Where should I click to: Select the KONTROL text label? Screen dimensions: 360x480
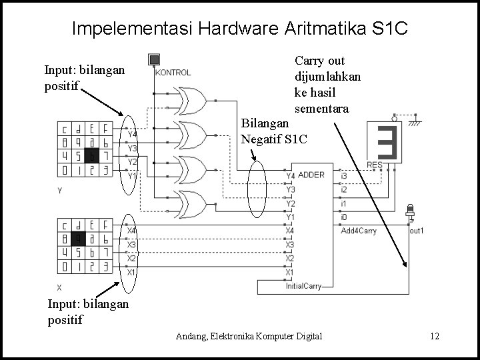click(x=173, y=73)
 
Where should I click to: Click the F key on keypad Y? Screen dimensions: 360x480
click(x=107, y=129)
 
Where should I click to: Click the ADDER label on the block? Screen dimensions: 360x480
click(x=311, y=175)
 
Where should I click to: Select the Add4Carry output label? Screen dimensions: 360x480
click(x=358, y=231)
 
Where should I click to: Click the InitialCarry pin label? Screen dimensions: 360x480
click(x=303, y=286)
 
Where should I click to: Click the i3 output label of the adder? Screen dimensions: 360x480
click(x=343, y=175)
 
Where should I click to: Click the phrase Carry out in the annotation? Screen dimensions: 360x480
click(x=319, y=61)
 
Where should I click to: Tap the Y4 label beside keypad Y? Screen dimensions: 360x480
click(x=132, y=134)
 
